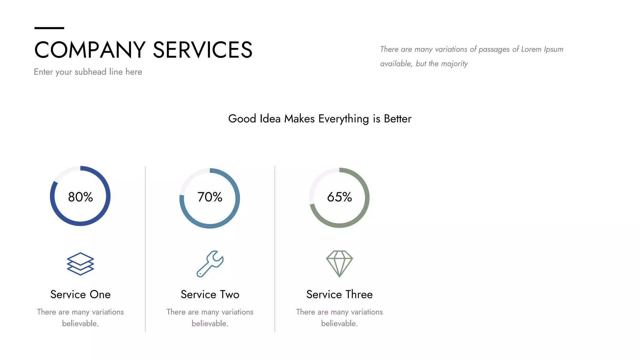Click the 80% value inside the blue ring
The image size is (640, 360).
(80, 197)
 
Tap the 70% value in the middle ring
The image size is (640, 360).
(210, 197)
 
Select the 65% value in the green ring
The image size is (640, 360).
(339, 197)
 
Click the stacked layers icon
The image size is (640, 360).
(80, 264)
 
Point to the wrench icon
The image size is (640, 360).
(210, 264)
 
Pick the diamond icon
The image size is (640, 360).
(339, 263)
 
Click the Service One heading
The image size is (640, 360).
(80, 294)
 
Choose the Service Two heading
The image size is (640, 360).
(210, 294)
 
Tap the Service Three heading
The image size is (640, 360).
(339, 294)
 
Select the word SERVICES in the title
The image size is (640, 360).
(202, 50)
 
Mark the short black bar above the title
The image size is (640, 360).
(49, 28)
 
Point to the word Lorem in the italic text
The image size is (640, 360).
(531, 49)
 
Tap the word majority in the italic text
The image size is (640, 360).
(454, 64)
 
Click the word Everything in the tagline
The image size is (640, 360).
(343, 119)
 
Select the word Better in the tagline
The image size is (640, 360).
(397, 119)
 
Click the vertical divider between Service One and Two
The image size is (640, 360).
(145, 249)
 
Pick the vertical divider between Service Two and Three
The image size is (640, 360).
(275, 249)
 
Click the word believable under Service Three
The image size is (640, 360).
(339, 323)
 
